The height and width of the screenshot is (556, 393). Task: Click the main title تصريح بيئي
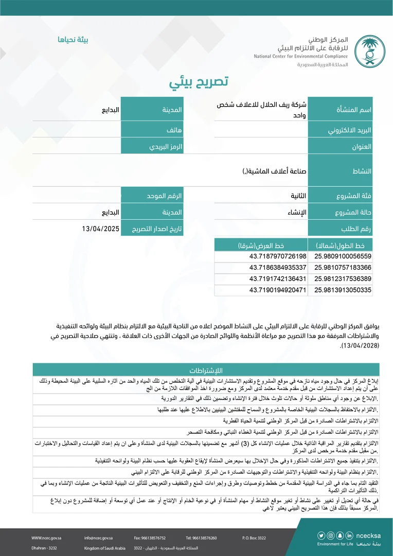click(199, 82)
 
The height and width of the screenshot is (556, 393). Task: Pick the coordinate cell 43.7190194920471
click(278, 290)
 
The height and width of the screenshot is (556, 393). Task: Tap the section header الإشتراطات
click(205, 371)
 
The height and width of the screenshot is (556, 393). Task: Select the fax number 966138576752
click(147, 538)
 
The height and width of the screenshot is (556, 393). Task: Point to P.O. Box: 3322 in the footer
click(254, 538)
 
